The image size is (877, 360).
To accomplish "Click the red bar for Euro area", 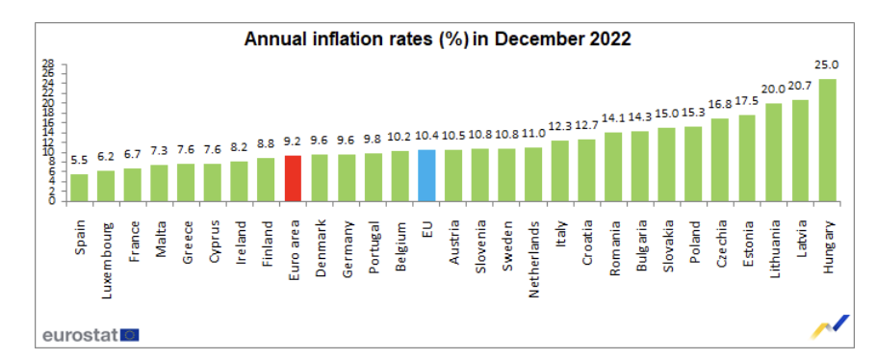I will click(294, 178).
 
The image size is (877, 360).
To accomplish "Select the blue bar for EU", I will click(427, 175).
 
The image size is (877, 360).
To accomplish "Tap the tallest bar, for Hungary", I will click(827, 141).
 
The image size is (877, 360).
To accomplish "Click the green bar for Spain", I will click(80, 188).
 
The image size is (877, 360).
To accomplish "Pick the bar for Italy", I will click(560, 170).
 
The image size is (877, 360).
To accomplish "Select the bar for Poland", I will click(693, 164).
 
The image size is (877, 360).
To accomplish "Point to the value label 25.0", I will click(827, 65).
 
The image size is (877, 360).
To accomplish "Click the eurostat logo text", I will click(79, 335).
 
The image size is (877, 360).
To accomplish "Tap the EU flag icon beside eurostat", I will click(129, 335).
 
